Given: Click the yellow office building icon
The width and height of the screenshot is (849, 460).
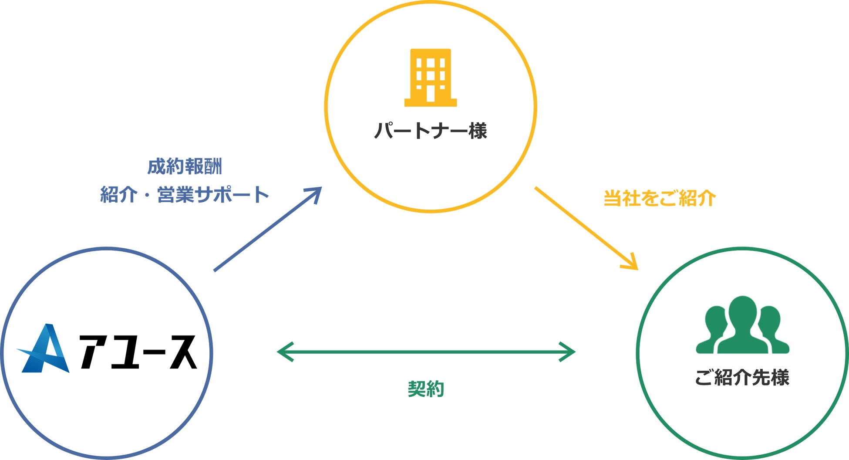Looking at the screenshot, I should pyautogui.click(x=430, y=78).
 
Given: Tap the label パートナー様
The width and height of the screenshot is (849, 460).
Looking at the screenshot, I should pyautogui.click(x=430, y=131).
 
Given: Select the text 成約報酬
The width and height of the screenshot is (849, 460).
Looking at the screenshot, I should pyautogui.click(x=185, y=166).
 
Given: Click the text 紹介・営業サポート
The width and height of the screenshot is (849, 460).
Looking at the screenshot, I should pyautogui.click(x=185, y=194).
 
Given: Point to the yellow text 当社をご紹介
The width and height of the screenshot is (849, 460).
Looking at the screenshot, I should pyautogui.click(x=660, y=198).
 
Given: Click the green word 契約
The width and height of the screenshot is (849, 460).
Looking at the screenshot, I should pyautogui.click(x=426, y=389).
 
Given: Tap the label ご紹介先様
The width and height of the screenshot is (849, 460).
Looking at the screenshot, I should pyautogui.click(x=742, y=377).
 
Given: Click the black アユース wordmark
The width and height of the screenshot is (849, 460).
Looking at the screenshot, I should pyautogui.click(x=138, y=352).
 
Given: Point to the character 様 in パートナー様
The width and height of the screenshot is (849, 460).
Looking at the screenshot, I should pyautogui.click(x=478, y=131).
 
